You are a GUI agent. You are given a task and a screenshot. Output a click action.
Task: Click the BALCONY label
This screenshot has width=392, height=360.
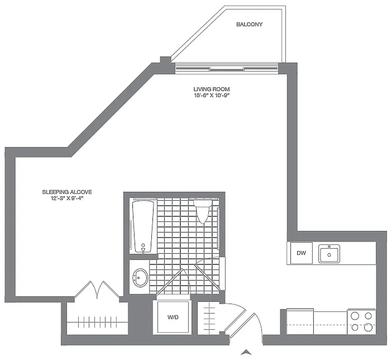249,24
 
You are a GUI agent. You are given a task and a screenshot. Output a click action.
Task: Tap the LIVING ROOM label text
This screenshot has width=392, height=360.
212,90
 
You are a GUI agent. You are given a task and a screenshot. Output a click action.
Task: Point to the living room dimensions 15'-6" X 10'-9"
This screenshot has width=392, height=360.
212,95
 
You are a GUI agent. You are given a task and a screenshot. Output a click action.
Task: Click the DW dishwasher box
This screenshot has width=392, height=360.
301,253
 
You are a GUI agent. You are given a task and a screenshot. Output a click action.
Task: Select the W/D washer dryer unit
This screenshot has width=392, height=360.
173,317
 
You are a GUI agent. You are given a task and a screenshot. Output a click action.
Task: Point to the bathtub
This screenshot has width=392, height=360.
143,226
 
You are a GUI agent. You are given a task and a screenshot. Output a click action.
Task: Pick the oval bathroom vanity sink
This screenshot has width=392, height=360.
140,278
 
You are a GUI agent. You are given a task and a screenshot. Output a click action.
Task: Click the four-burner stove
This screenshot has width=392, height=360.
361,321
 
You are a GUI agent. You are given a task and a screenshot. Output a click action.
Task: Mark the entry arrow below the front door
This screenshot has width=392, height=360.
245,352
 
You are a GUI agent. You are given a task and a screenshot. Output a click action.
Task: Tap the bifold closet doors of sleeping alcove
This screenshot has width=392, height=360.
97,290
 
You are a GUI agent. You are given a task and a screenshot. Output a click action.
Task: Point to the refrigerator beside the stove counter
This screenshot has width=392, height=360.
300,321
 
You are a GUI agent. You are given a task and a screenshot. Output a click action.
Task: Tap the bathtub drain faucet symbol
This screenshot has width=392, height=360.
143,249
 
